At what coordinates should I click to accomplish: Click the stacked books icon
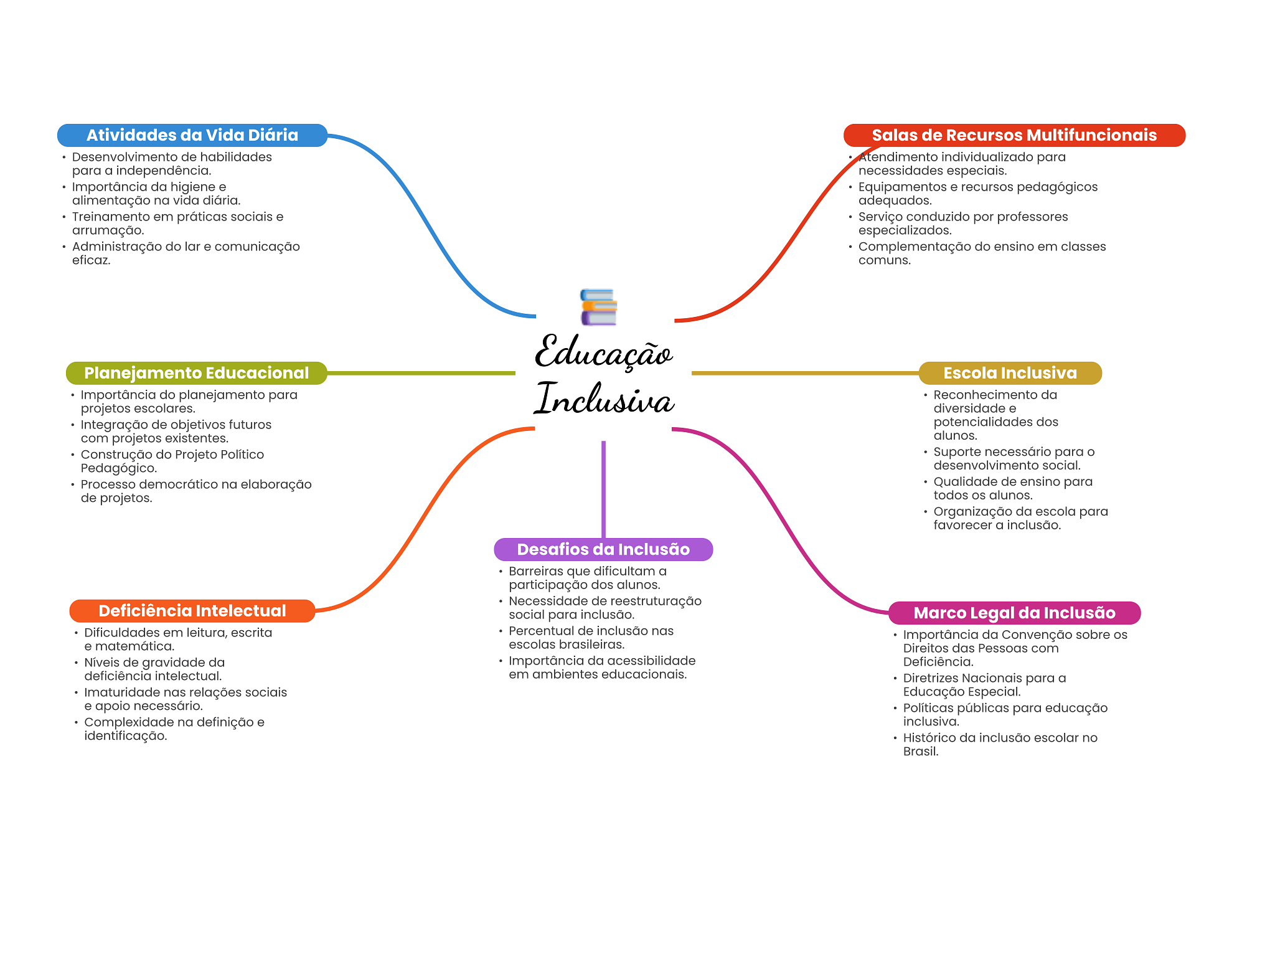(598, 307)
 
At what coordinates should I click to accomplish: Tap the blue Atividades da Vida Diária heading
(192, 135)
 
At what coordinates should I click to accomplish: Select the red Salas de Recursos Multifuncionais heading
(1014, 135)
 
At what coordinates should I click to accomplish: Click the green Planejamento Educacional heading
(197, 373)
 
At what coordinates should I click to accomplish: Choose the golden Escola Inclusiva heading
(1010, 373)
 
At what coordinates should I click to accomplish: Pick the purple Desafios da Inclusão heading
(603, 549)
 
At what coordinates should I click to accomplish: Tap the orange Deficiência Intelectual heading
(192, 611)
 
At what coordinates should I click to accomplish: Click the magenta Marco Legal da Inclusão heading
(1014, 613)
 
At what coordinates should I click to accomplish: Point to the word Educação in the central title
(603, 352)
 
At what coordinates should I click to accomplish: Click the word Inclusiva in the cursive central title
(604, 399)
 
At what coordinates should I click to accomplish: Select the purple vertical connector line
(603, 489)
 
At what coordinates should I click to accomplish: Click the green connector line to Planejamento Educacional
(421, 373)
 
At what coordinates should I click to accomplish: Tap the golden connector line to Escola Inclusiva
(805, 373)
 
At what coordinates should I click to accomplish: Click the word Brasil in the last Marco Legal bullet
(921, 752)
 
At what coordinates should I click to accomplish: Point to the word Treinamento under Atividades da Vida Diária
(110, 217)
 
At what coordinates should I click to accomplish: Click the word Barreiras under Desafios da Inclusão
(536, 571)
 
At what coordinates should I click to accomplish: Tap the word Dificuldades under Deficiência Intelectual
(122, 633)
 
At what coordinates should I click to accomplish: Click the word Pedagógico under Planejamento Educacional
(119, 469)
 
